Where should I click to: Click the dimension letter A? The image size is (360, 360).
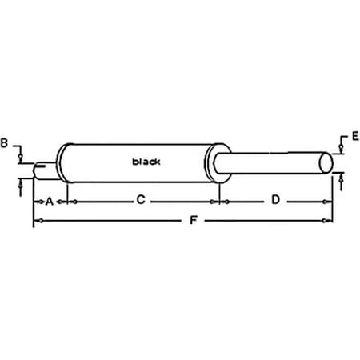(x=49, y=202)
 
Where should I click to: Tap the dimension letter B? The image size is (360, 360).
(x=6, y=144)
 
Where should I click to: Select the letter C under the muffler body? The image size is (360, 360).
(x=141, y=202)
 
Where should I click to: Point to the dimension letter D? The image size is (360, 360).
(x=274, y=201)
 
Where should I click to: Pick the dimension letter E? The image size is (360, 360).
(x=354, y=137)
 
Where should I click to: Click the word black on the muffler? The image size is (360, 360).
(x=146, y=162)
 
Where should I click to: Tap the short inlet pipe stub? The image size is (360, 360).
(x=44, y=170)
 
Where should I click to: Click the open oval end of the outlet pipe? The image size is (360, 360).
(x=327, y=162)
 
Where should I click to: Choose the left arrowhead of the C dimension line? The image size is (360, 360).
(x=74, y=202)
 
